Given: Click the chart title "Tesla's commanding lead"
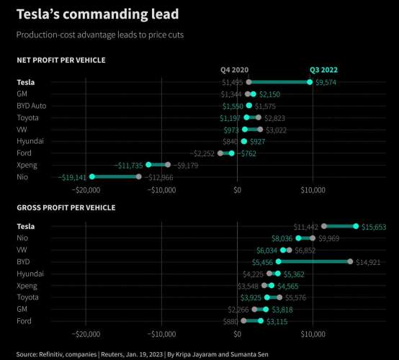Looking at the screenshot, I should click(x=97, y=14).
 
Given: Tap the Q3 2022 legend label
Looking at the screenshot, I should click(x=325, y=70).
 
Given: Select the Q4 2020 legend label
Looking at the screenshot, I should click(x=234, y=70).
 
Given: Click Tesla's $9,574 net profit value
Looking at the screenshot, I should click(x=331, y=82).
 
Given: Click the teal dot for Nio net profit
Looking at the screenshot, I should click(x=91, y=176).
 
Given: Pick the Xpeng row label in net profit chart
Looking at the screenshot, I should click(x=27, y=165).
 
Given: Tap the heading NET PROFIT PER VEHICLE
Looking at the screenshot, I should click(x=61, y=60).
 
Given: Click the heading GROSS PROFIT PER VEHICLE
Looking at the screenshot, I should click(x=66, y=208).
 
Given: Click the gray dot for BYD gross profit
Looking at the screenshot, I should click(x=350, y=261).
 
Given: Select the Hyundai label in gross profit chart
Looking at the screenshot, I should click(x=30, y=274).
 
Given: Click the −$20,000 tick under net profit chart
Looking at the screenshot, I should click(x=86, y=190).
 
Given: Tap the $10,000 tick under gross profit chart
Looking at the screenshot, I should click(x=313, y=334).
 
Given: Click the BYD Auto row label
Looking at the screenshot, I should click(x=32, y=106).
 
